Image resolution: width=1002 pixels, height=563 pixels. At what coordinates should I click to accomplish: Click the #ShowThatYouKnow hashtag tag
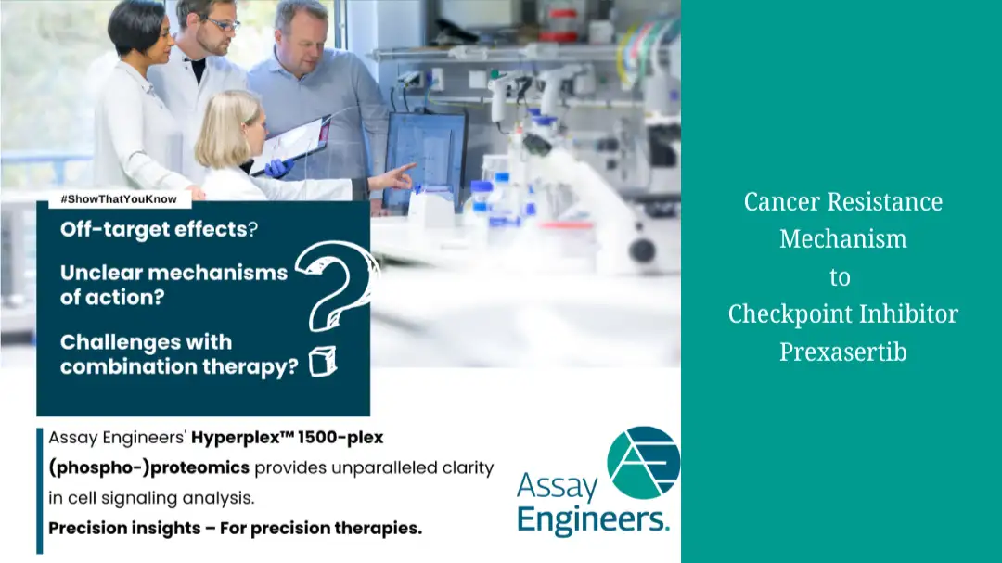(120, 199)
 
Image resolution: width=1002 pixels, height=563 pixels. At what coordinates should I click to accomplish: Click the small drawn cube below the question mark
(323, 361)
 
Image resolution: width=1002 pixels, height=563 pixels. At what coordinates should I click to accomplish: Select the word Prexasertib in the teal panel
(842, 352)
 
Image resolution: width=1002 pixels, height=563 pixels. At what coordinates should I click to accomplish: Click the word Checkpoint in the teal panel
(790, 313)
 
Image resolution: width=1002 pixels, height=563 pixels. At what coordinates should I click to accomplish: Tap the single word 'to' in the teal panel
(840, 277)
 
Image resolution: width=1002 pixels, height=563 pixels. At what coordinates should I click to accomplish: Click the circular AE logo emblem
(643, 462)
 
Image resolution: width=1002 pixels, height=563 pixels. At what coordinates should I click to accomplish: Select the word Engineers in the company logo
(593, 518)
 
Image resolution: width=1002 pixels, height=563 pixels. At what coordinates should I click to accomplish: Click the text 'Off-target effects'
(153, 229)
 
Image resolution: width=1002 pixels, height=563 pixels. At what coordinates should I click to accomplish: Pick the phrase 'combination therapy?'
(179, 366)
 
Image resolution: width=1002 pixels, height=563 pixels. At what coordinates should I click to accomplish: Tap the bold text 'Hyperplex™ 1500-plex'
(287, 438)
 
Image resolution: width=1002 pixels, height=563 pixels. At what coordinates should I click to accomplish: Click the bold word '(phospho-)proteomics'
(148, 468)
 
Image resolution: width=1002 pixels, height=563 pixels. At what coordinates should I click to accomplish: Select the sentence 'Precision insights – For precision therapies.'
(235, 529)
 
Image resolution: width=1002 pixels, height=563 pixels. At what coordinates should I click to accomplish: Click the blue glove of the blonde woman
(278, 168)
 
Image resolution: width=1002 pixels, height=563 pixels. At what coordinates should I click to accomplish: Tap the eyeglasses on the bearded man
(222, 24)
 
